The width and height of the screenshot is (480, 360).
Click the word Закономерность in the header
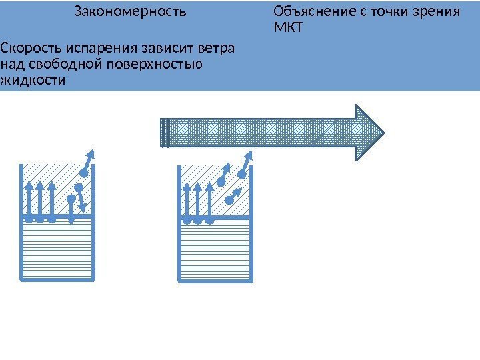click(x=130, y=12)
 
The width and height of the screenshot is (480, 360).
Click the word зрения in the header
click(x=439, y=12)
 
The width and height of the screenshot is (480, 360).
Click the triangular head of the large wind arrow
click(x=370, y=132)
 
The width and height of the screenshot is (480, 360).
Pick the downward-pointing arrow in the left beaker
click(x=81, y=198)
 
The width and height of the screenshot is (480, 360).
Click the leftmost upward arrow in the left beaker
click(x=29, y=200)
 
